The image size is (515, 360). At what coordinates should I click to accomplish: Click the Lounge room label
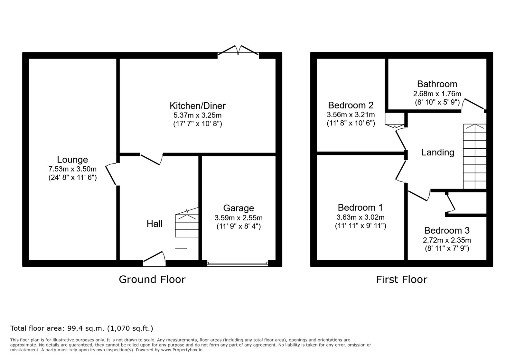click(72, 160)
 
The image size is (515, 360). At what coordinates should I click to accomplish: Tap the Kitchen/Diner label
click(198, 106)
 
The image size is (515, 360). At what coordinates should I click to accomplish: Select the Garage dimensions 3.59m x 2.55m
click(239, 217)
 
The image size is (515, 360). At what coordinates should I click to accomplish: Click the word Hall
click(154, 224)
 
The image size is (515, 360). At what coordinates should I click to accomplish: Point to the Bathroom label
click(437, 84)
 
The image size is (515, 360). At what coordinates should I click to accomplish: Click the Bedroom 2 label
click(351, 105)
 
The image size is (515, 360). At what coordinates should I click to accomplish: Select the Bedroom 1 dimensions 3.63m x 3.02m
click(360, 217)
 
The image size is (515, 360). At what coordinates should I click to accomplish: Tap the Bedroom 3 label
click(447, 230)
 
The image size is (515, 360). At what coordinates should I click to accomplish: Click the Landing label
click(437, 152)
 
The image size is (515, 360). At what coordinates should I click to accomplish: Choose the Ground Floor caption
click(152, 280)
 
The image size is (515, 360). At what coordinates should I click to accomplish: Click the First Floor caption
click(401, 280)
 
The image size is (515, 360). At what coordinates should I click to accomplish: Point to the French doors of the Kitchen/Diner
click(238, 51)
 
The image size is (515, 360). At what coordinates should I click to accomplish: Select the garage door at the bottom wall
click(238, 263)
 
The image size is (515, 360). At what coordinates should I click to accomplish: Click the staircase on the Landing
click(475, 156)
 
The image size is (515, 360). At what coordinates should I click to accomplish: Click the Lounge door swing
click(111, 174)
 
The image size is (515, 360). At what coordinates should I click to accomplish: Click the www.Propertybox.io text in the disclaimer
click(182, 350)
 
